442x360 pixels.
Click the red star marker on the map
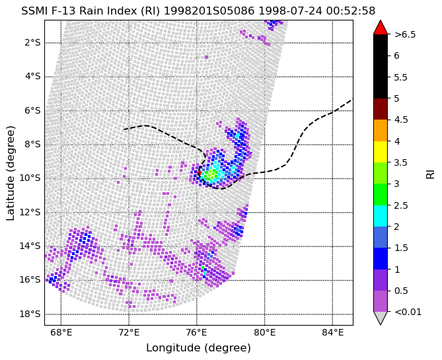[x=199, y=172]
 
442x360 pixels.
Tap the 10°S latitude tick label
[x=30, y=178]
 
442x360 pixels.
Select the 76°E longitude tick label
[x=197, y=333]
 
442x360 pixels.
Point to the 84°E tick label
[x=332, y=333]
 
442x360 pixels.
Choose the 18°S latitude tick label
[x=30, y=314]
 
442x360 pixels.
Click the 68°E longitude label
[x=61, y=333]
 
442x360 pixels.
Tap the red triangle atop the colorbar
[x=381, y=27]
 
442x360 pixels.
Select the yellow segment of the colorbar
[x=381, y=152]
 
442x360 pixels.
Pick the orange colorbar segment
[x=381, y=131]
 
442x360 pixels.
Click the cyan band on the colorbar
[x=381, y=216]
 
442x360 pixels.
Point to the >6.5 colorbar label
[x=405, y=34]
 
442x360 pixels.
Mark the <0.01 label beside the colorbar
[x=408, y=312]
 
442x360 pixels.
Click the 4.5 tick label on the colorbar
[x=401, y=120]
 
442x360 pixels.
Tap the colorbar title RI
[x=430, y=172]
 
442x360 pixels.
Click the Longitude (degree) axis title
[x=198, y=348]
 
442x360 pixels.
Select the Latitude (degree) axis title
[x=10, y=173]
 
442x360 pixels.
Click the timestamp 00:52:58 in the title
[x=351, y=11]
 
